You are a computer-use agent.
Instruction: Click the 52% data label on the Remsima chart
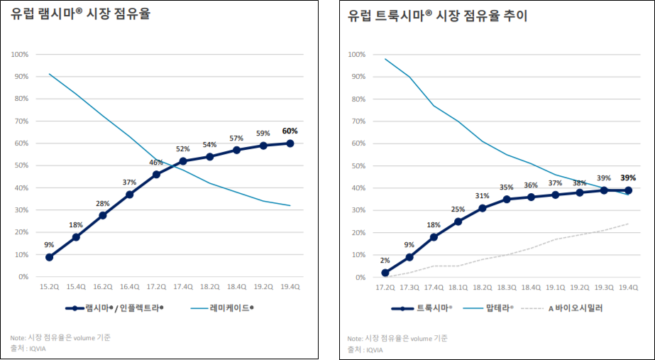182,149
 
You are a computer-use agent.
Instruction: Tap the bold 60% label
290,131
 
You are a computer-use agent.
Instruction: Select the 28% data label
103,204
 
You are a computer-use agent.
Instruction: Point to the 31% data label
482,196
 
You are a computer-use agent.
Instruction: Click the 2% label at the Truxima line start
385,261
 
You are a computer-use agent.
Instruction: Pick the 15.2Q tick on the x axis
49,287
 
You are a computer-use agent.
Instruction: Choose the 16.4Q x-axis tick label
129,287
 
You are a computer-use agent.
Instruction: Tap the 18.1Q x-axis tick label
458,287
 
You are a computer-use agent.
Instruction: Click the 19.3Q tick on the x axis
604,287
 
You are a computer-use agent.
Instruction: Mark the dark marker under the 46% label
156,174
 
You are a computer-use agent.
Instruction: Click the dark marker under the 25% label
458,222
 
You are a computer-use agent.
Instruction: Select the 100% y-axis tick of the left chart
19,55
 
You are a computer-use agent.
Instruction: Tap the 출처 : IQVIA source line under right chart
365,349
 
